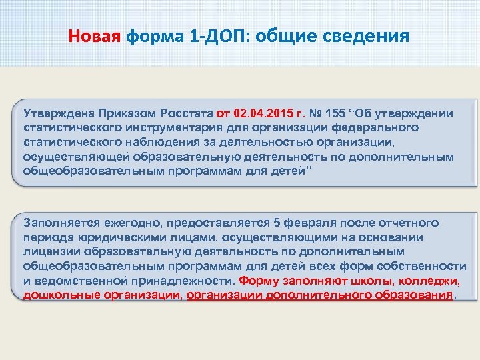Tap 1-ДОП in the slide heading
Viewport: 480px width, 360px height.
pos(212,35)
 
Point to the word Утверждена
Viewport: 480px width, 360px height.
pos(59,113)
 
